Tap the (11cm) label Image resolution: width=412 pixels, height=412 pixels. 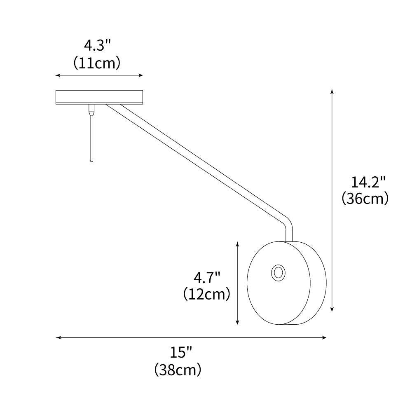point(97,63)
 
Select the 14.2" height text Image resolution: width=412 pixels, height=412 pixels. point(368,182)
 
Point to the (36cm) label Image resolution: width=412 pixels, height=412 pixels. point(365,199)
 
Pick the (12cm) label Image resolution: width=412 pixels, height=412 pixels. point(206,295)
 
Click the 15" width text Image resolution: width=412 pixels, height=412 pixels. point(181,353)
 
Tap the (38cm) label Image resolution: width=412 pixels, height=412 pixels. point(178,370)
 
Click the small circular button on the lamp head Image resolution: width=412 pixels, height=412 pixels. point(277,273)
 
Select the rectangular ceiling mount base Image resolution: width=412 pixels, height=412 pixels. point(99,97)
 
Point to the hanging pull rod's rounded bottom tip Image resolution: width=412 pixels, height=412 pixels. point(91,160)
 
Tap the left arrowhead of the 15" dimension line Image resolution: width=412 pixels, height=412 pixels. point(58,337)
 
